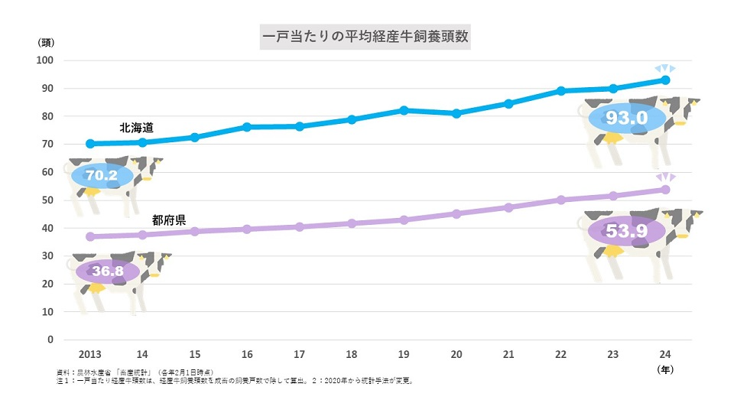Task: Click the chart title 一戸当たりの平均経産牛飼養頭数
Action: [x=365, y=36]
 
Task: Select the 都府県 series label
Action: [x=169, y=220]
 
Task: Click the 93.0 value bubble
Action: [x=627, y=118]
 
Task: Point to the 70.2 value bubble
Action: [x=102, y=175]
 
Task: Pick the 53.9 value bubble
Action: [x=626, y=229]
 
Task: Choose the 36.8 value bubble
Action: [x=108, y=271]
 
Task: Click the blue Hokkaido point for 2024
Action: [x=665, y=80]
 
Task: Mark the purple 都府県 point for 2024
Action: [x=665, y=190]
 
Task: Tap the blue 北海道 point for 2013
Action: [x=90, y=144]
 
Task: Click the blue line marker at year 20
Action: [x=456, y=113]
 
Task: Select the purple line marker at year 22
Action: [x=560, y=200]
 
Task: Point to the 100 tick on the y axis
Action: [x=47, y=60]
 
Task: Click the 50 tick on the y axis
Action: [x=47, y=200]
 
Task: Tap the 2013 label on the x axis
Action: [x=90, y=354]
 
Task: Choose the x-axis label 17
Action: [x=299, y=354]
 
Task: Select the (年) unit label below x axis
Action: [x=665, y=369]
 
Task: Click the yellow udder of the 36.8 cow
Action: [x=96, y=288]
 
